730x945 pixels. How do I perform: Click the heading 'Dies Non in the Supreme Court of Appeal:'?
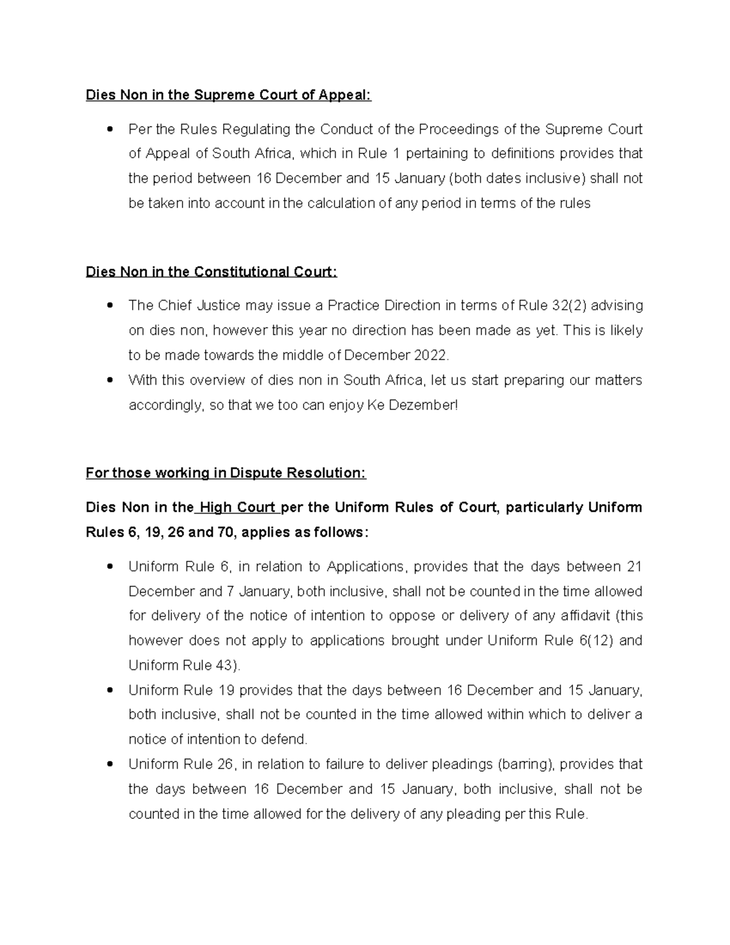[x=228, y=95]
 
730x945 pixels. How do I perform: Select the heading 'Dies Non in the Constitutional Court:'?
[x=211, y=271]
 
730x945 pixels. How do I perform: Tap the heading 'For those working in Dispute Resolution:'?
[x=226, y=473]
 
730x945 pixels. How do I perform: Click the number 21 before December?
[x=634, y=567]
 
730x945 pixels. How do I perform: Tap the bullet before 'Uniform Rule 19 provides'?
[x=110, y=691]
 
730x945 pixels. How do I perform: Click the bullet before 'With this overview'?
[x=110, y=380]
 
